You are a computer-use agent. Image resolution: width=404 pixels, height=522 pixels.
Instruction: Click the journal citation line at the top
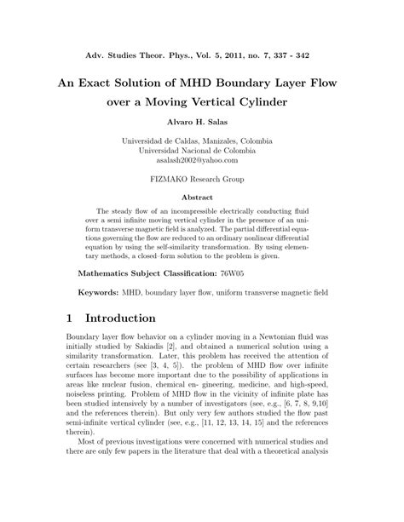202,55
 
